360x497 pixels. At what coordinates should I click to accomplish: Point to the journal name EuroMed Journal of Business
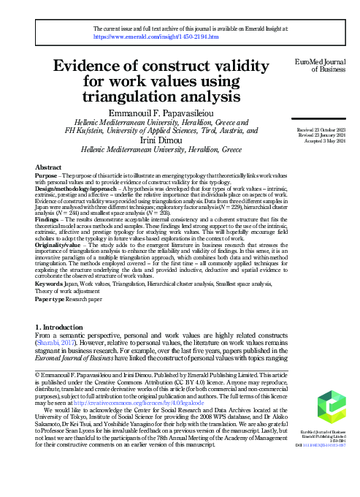(x=321, y=66)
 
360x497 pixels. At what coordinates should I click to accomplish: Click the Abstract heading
(x=48, y=168)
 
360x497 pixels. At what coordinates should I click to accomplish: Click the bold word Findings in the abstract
(x=49, y=219)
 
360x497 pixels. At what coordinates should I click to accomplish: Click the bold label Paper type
(x=53, y=299)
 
